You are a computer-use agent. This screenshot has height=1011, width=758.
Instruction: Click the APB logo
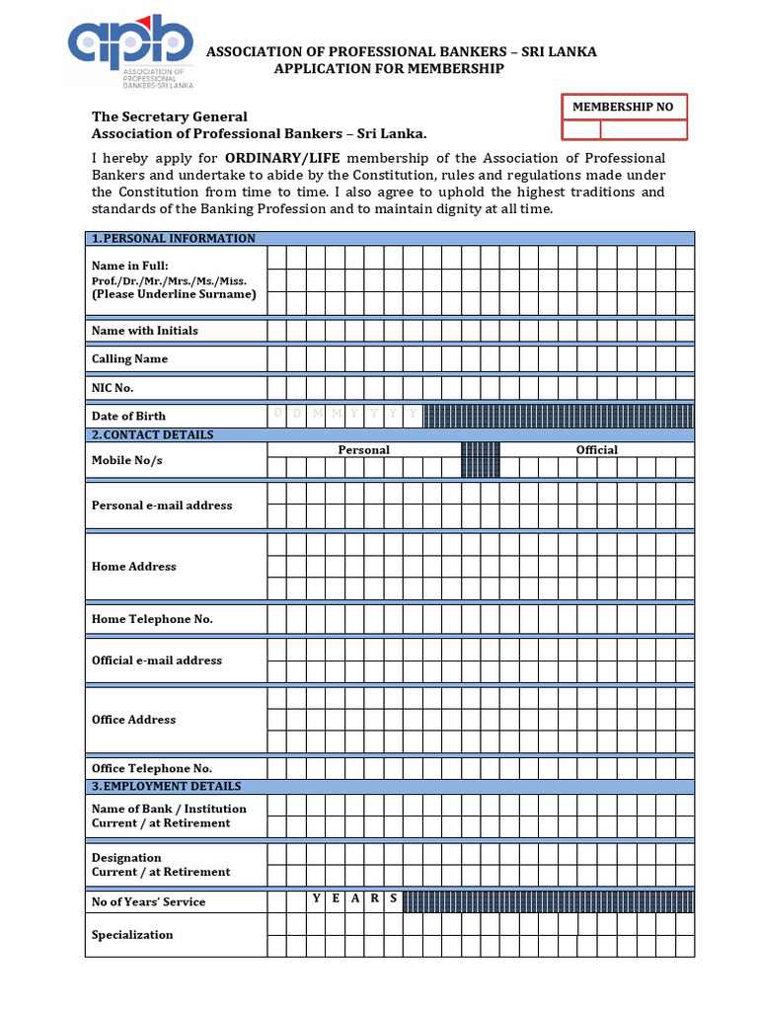pos(130,50)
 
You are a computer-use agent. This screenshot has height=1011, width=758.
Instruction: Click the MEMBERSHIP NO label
pos(624,107)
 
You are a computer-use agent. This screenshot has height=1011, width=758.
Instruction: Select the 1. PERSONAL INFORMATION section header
pos(174,239)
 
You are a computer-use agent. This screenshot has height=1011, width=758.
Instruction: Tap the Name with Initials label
pos(144,331)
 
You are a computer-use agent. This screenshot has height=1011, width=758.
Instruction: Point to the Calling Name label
pos(129,359)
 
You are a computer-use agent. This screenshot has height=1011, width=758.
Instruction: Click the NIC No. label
pos(113,388)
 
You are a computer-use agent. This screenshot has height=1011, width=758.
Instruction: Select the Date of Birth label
pos(128,417)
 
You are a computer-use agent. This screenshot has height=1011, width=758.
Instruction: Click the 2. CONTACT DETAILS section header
pos(153,435)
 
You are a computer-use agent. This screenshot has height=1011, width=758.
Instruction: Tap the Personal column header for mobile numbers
pos(363,450)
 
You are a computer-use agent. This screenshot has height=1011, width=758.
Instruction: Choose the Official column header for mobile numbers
pos(596,450)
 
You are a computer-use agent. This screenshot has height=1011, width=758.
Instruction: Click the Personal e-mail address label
pos(162,505)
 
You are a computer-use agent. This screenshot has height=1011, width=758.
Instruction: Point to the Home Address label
pos(133,567)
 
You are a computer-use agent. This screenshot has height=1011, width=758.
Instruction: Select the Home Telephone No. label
pos(152,619)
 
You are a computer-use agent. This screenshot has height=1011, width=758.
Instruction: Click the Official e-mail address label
pos(157,661)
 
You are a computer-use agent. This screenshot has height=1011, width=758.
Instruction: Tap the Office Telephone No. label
pos(152,768)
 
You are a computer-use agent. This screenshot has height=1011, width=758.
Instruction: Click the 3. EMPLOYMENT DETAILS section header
pos(166,787)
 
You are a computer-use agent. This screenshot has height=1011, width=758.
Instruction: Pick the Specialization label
pos(132,935)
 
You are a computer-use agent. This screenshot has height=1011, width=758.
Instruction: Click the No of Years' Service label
pos(148,901)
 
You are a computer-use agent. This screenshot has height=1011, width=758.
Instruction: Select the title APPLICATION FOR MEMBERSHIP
pos(388,68)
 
